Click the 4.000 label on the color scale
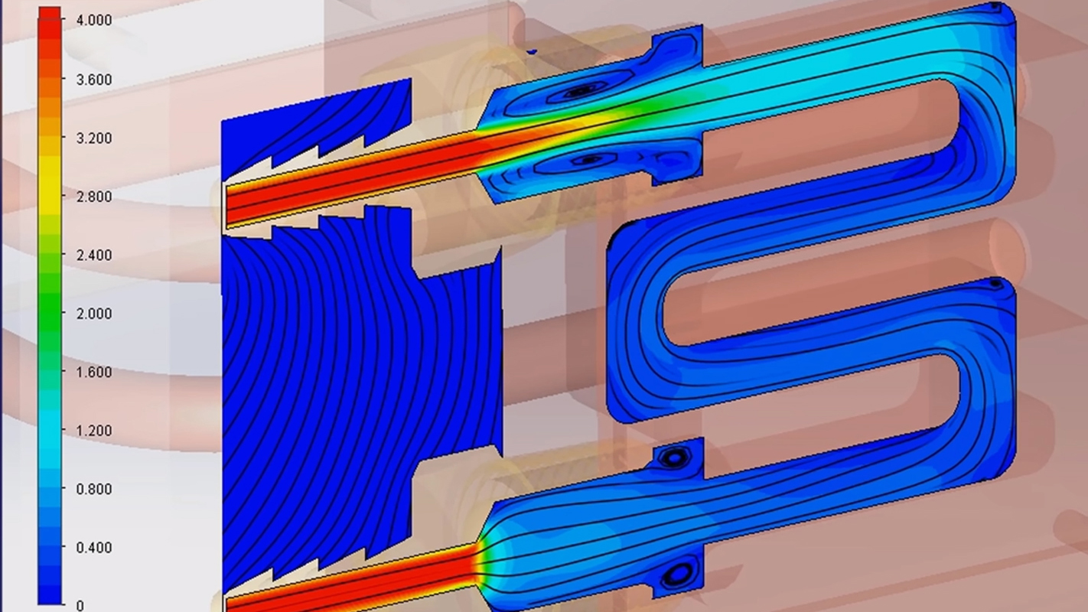click(93, 21)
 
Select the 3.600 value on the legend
click(93, 80)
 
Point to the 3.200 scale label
click(93, 138)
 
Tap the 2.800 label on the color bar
click(93, 197)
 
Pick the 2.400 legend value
click(93, 255)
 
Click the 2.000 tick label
click(93, 314)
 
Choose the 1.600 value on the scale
click(93, 373)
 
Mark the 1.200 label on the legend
click(93, 431)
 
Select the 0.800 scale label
click(93, 489)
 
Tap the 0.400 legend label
click(93, 548)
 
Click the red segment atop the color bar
click(50, 31)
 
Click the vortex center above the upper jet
click(581, 91)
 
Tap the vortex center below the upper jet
click(589, 160)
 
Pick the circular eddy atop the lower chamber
click(673, 457)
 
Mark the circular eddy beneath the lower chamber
click(679, 572)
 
